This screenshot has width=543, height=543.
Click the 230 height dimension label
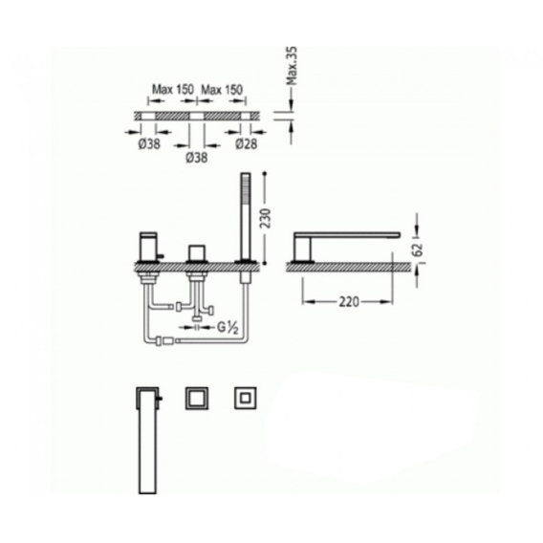coord(266,218)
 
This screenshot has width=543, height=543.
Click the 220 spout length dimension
coord(349,302)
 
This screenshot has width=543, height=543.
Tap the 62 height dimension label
coord(419,250)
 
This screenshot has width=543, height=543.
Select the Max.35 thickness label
coord(292,66)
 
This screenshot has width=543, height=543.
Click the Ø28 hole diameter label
coord(247,143)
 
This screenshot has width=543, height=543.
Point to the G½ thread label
coord(228,328)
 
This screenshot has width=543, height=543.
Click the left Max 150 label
coord(173,90)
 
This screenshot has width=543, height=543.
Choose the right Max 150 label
coord(222,90)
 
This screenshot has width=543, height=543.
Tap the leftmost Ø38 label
coord(149,143)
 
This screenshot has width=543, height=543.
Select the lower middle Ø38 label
coord(197,158)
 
